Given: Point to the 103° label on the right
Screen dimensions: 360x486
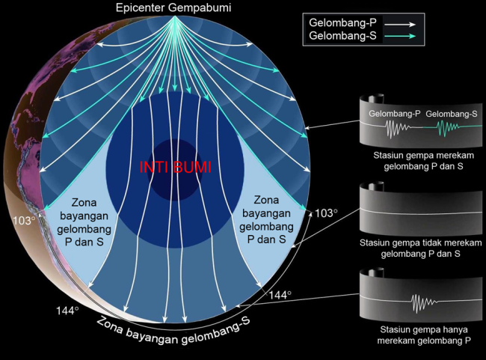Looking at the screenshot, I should click(x=326, y=213).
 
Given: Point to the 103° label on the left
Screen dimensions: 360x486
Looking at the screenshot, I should click(x=23, y=221).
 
